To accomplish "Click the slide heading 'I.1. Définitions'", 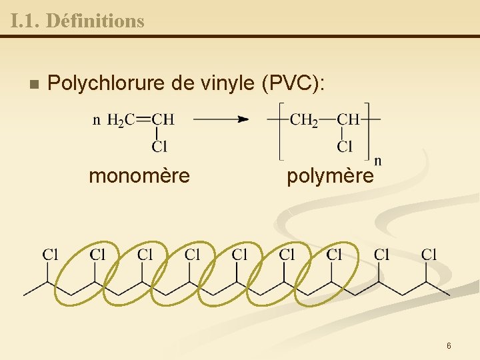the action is (77, 21).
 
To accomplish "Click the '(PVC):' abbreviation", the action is (294, 84).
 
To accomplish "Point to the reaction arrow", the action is (221, 120).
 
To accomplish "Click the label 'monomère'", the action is (139, 176).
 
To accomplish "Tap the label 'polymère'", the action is (330, 176).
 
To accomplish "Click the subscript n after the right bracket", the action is (378, 160).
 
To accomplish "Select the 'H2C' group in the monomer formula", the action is (121, 121).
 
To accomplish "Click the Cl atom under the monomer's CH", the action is (159, 146).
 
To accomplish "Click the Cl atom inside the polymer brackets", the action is (345, 146).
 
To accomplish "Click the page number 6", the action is (449, 345).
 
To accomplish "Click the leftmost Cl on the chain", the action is (51, 254).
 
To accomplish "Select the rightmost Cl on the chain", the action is (429, 254).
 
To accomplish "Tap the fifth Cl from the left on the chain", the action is (240, 254).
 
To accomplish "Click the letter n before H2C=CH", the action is (97, 121).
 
